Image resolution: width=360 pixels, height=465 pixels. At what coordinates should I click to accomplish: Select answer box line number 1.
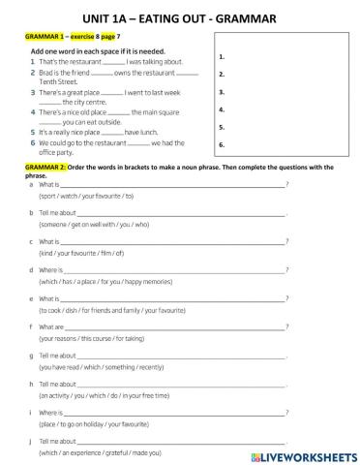(223, 57)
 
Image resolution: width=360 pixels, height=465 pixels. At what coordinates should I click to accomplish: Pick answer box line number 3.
(223, 92)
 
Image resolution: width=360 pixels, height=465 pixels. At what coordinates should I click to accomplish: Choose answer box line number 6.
(223, 145)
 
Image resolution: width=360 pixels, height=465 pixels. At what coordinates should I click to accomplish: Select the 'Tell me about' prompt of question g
(58, 356)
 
